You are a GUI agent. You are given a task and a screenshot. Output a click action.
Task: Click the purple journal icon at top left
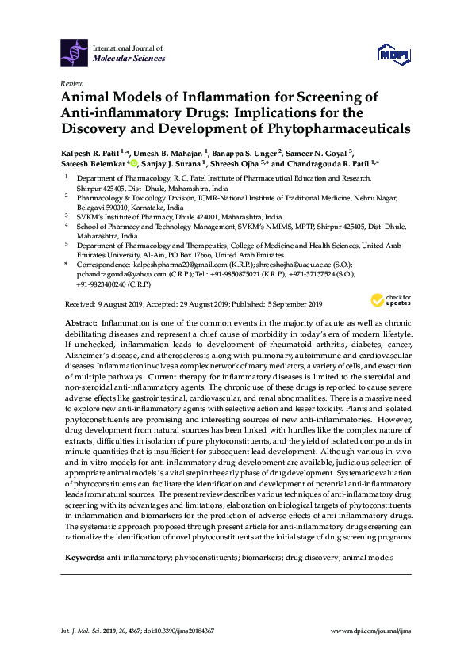click(74, 52)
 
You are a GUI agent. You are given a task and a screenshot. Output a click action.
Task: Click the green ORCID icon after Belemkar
click(134, 164)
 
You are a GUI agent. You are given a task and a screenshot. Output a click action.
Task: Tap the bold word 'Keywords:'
click(83, 558)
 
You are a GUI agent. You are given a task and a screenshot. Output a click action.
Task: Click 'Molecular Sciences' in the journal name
click(129, 58)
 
